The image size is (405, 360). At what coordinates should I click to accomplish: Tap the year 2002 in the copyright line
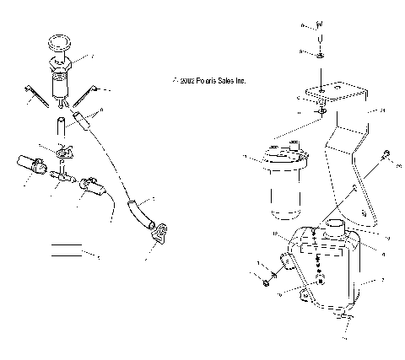tap(186, 82)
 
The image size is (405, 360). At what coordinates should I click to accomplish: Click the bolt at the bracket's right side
tap(384, 157)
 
